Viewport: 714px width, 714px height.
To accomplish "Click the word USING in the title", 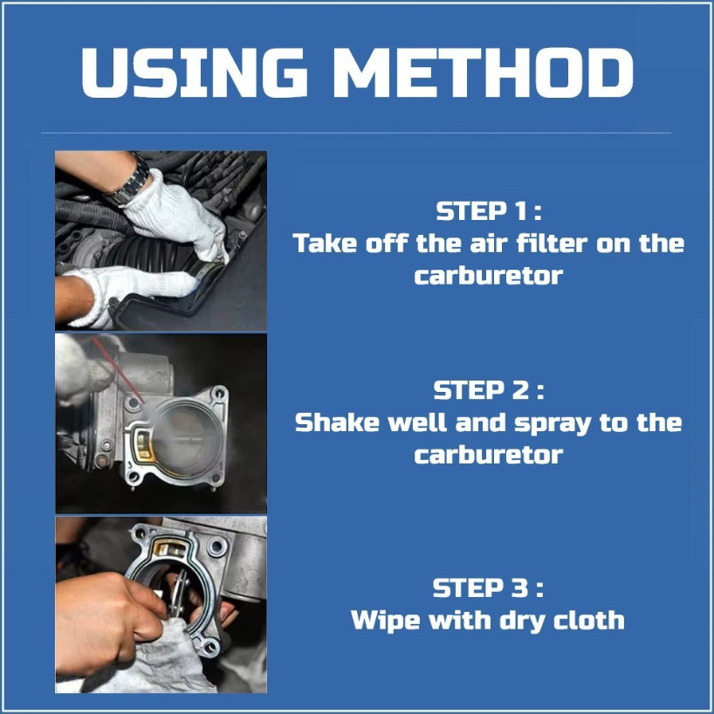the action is tap(194, 72).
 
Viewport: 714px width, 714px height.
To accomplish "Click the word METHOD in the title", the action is tap(484, 72).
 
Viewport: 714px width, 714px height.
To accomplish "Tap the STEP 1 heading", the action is tap(489, 211).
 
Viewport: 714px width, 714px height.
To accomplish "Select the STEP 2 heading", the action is tap(489, 390).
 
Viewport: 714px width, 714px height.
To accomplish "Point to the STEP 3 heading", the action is tap(488, 587).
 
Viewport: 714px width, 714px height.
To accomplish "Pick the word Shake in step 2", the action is tap(337, 422).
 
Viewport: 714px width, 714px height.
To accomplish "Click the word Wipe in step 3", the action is tap(386, 621).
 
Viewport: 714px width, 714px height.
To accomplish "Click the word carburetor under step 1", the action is tap(489, 276).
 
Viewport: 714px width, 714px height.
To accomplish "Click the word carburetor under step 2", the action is tap(489, 456).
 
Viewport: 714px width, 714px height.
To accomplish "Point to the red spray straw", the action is tap(119, 370).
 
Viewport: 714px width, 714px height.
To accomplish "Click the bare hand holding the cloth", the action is tap(109, 619).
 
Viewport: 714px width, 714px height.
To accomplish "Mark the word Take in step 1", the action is tap(325, 243).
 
